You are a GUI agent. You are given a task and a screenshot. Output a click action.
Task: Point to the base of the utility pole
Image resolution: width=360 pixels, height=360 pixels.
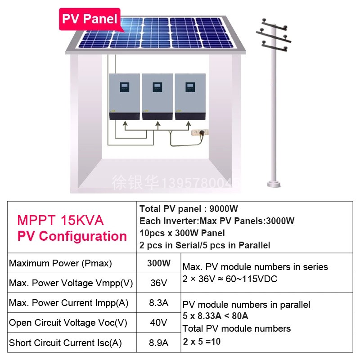274,184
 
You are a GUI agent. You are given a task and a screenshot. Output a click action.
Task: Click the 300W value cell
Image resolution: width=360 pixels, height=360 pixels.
159,263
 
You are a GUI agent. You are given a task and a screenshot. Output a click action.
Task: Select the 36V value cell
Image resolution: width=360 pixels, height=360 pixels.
159,283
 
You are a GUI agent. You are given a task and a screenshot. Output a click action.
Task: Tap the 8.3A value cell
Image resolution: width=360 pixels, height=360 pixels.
159,303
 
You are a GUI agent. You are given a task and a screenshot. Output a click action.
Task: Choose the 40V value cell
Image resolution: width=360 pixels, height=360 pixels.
159,323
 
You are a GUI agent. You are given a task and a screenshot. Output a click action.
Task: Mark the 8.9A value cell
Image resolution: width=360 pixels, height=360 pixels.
159,343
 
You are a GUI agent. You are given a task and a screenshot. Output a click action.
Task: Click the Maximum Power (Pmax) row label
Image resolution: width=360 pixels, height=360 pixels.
60,263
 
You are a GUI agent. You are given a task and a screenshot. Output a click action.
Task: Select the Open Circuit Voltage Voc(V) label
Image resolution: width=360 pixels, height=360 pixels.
68,323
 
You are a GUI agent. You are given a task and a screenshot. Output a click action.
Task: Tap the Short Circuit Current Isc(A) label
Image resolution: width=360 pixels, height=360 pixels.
65,343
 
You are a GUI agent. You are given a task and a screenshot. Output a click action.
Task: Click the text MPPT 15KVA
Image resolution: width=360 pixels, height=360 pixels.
60,220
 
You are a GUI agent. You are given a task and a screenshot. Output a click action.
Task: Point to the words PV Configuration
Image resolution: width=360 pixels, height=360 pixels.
72,236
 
